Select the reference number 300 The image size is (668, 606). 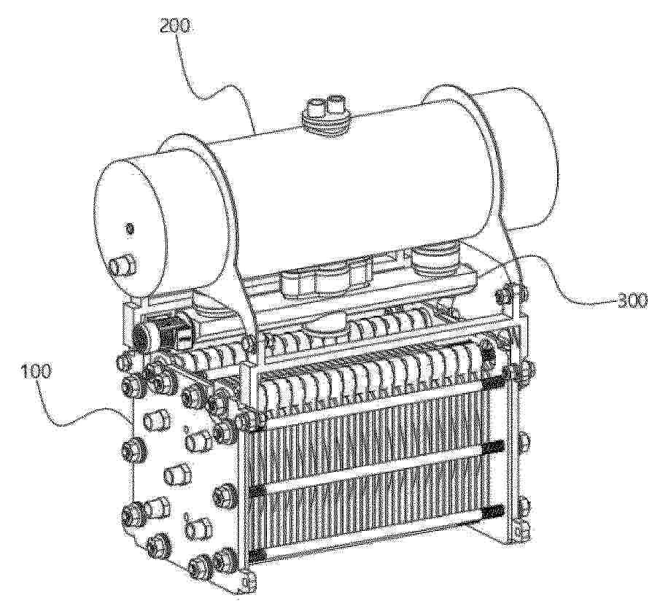coord(632,301)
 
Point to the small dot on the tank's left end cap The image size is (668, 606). coord(131,230)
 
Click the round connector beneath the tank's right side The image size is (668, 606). coord(430,261)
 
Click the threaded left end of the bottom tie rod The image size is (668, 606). coord(257,554)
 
